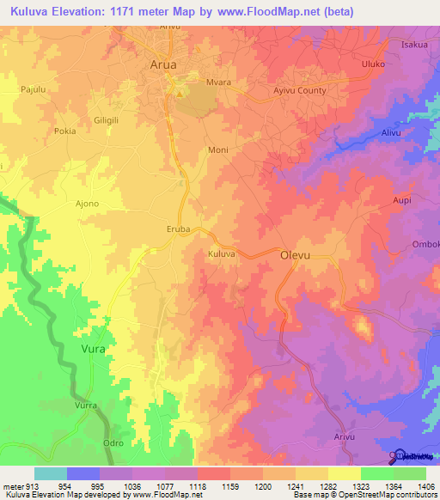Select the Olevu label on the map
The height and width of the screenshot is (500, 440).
(294, 255)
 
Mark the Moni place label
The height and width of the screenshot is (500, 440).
(218, 149)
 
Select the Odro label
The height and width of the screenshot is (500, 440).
(113, 442)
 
